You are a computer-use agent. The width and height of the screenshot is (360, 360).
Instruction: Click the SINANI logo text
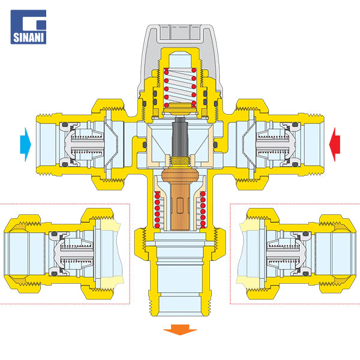pos(28,37)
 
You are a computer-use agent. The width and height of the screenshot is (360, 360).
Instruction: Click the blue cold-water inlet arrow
pos(25,145)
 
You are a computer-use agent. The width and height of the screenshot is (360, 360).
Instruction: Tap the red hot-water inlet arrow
pos(335,145)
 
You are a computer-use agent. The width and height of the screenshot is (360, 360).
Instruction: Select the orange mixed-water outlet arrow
pos(180,329)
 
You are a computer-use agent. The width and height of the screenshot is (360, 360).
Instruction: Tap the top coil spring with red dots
pos(180,87)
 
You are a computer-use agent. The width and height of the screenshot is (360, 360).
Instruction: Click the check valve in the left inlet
pos(82,145)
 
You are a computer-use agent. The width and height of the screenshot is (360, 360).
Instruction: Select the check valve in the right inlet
pos(278,145)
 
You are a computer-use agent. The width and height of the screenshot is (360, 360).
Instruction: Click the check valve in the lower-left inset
pos(71,254)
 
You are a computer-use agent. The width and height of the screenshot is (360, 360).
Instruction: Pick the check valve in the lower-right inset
pos(289,254)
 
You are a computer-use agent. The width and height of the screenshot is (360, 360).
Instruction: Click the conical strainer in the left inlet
pos(111,145)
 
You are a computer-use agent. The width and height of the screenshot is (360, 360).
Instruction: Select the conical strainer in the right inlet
pos(249,145)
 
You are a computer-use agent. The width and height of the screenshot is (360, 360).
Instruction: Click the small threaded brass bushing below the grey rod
pos(180,161)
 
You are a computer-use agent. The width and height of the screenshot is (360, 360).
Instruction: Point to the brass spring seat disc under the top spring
pos(180,109)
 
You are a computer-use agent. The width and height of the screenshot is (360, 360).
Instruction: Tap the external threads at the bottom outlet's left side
pos(151,302)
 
